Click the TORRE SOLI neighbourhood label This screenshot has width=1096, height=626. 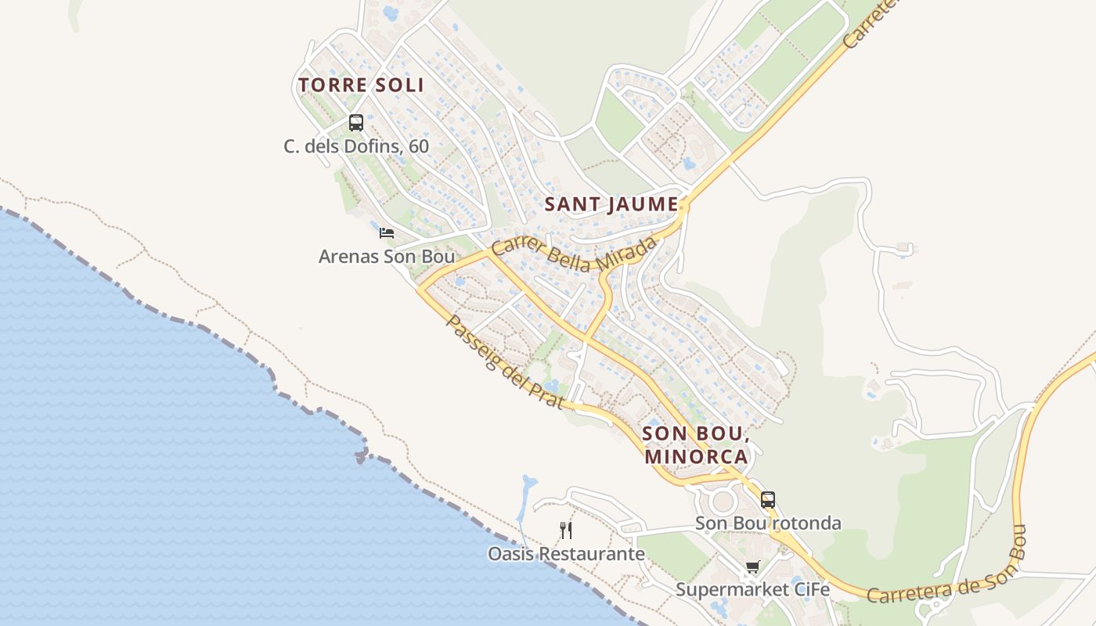[361, 85]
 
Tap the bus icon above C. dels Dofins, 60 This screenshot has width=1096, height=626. [356, 122]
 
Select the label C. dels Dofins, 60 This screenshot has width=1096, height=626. [356, 146]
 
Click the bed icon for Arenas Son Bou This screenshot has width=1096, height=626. [386, 232]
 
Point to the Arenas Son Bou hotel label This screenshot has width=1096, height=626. [386, 256]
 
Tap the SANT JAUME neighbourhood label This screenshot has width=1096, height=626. [611, 204]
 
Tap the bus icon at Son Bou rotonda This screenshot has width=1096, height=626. [767, 499]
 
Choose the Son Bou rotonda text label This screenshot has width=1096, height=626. [768, 523]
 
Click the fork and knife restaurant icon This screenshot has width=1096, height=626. [566, 531]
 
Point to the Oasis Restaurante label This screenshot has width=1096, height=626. [566, 554]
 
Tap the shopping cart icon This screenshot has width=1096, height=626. [752, 567]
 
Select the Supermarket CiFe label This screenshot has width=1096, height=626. [752, 590]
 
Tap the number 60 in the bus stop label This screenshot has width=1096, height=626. [419, 146]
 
